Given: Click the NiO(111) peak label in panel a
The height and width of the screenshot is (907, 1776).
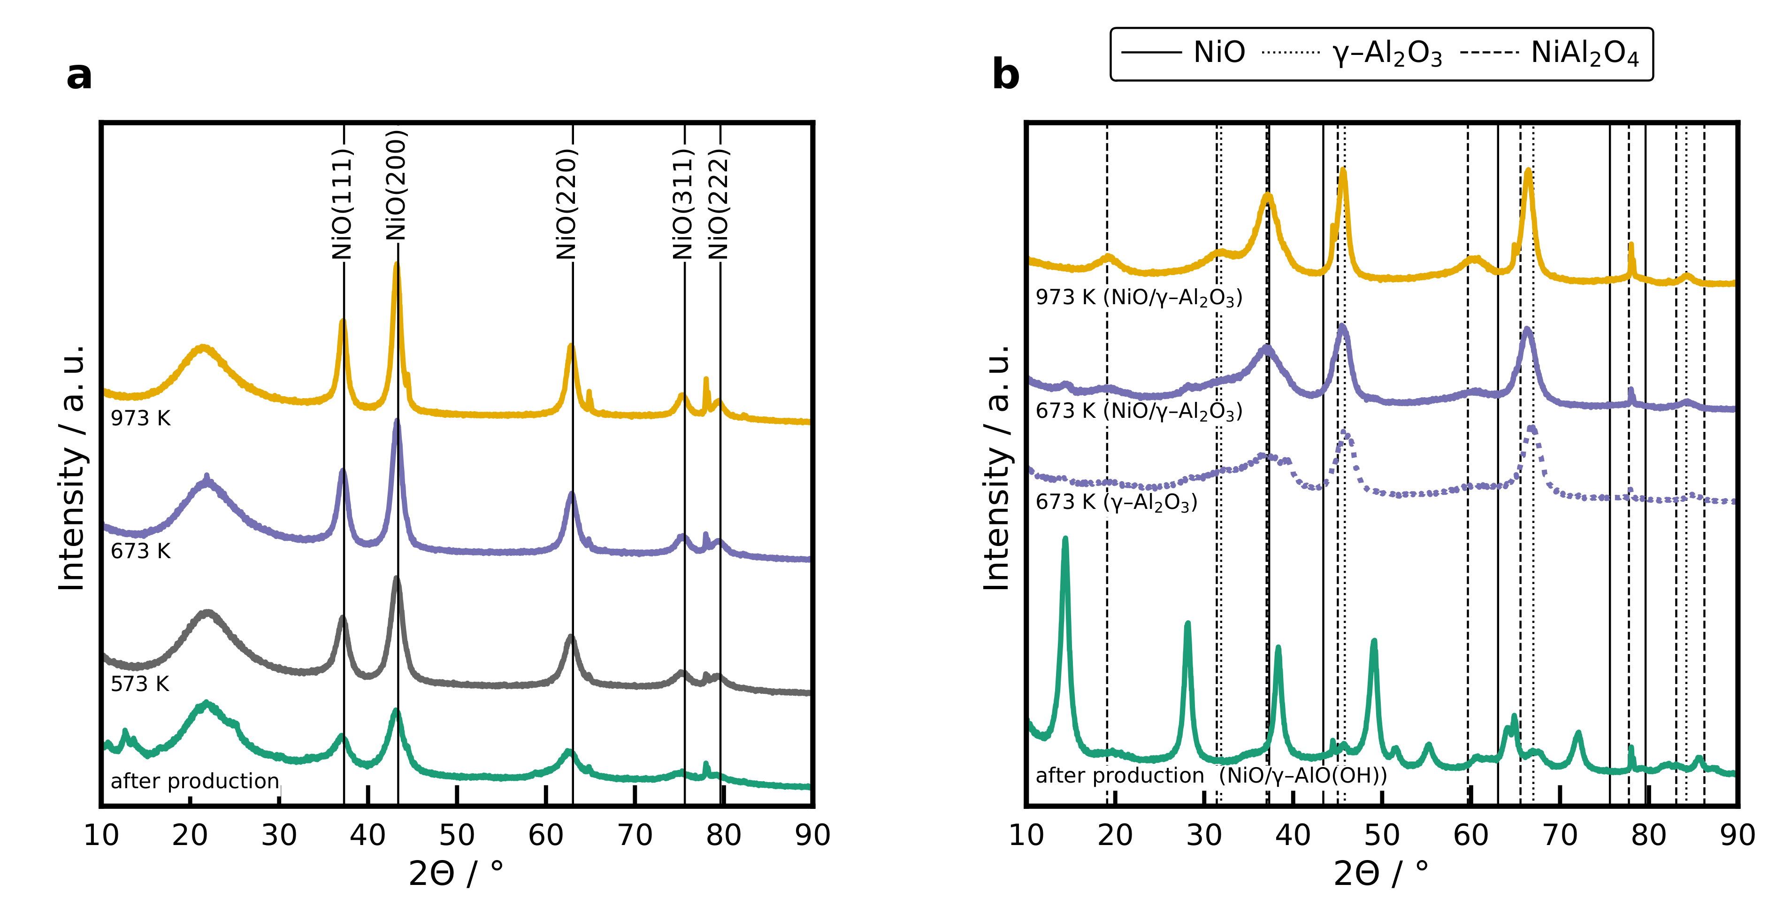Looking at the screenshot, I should [x=342, y=204].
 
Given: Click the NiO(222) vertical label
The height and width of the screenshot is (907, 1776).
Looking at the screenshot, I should [x=719, y=204].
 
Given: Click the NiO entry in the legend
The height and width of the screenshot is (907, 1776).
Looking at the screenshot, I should [x=1219, y=53].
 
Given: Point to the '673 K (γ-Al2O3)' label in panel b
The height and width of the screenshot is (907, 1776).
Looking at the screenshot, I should [x=1116, y=502].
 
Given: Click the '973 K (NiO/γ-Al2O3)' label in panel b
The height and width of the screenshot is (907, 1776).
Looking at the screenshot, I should [x=1139, y=297].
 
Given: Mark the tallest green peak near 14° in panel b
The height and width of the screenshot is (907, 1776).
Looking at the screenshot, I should [x=1065, y=540].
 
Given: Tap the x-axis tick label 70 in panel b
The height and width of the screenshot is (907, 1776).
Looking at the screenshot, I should [x=1560, y=835].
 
